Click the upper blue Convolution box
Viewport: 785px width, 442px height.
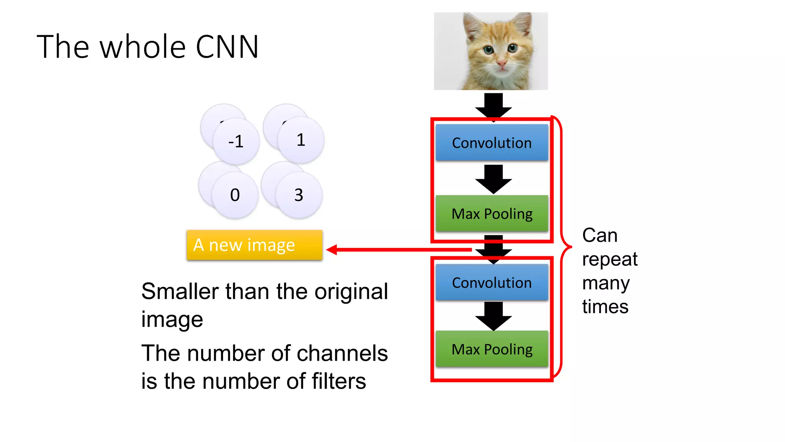(x=492, y=143)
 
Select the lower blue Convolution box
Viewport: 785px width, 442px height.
(x=492, y=283)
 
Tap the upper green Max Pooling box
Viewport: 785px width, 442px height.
(x=492, y=214)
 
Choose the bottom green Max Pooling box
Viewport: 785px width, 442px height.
(x=492, y=350)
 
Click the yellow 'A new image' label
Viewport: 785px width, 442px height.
(x=254, y=245)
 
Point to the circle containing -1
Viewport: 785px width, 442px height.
(x=236, y=142)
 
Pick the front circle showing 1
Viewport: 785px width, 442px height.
(x=301, y=140)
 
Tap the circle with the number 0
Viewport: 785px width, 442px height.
(x=235, y=195)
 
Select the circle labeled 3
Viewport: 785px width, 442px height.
(x=299, y=195)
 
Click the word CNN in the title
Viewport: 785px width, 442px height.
(x=227, y=47)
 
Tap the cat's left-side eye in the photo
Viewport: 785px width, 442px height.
(x=488, y=49)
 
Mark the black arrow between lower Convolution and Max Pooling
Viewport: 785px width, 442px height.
(x=493, y=316)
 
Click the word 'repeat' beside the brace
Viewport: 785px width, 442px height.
(x=609, y=260)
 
